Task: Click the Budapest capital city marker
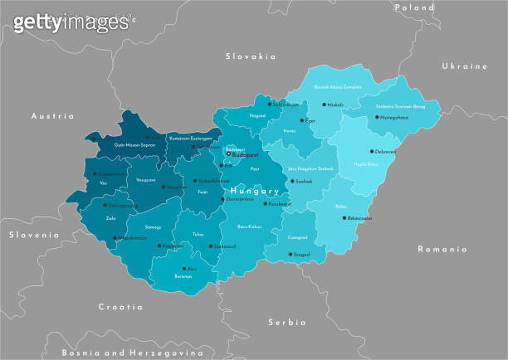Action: [x=229, y=153]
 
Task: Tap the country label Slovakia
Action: [x=250, y=56]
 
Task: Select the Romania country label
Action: [x=442, y=249]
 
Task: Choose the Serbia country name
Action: [x=286, y=321]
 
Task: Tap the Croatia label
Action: [x=120, y=306]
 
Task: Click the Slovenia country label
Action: [x=34, y=235]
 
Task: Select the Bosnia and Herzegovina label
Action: [x=133, y=352]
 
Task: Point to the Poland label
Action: [x=413, y=7]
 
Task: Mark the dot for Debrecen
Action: [x=372, y=152]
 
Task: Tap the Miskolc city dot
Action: [x=325, y=105]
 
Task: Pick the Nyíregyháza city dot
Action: [x=379, y=117]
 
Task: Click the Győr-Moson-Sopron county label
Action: [x=123, y=144]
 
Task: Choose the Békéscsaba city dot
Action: [x=348, y=218]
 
